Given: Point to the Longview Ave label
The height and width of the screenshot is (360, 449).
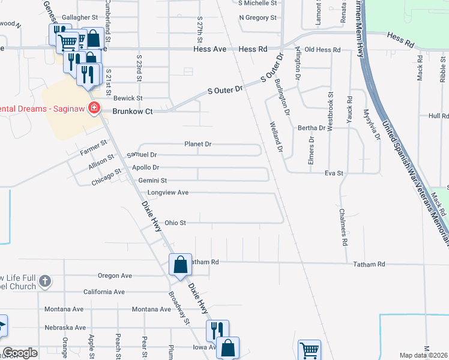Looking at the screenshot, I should point(168,193).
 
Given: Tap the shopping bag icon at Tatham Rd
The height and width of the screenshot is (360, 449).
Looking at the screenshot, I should point(181,263).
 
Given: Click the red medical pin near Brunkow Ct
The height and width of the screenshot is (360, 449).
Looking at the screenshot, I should point(93,109).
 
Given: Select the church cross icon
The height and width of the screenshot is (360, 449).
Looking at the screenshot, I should point(44,281).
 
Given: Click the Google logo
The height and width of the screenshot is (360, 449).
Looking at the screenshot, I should point(20,353).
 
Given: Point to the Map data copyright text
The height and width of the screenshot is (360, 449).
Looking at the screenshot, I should point(423,355).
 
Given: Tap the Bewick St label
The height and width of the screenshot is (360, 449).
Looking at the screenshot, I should point(128,98).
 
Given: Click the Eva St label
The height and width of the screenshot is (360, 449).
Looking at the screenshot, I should point(333,173).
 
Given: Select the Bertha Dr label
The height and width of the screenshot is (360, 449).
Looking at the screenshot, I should point(312,128).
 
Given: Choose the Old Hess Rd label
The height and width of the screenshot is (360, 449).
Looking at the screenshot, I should point(322,49).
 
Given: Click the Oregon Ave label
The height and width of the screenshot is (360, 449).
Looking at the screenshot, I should point(114,276).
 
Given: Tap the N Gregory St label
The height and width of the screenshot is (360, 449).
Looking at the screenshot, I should point(257,17).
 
